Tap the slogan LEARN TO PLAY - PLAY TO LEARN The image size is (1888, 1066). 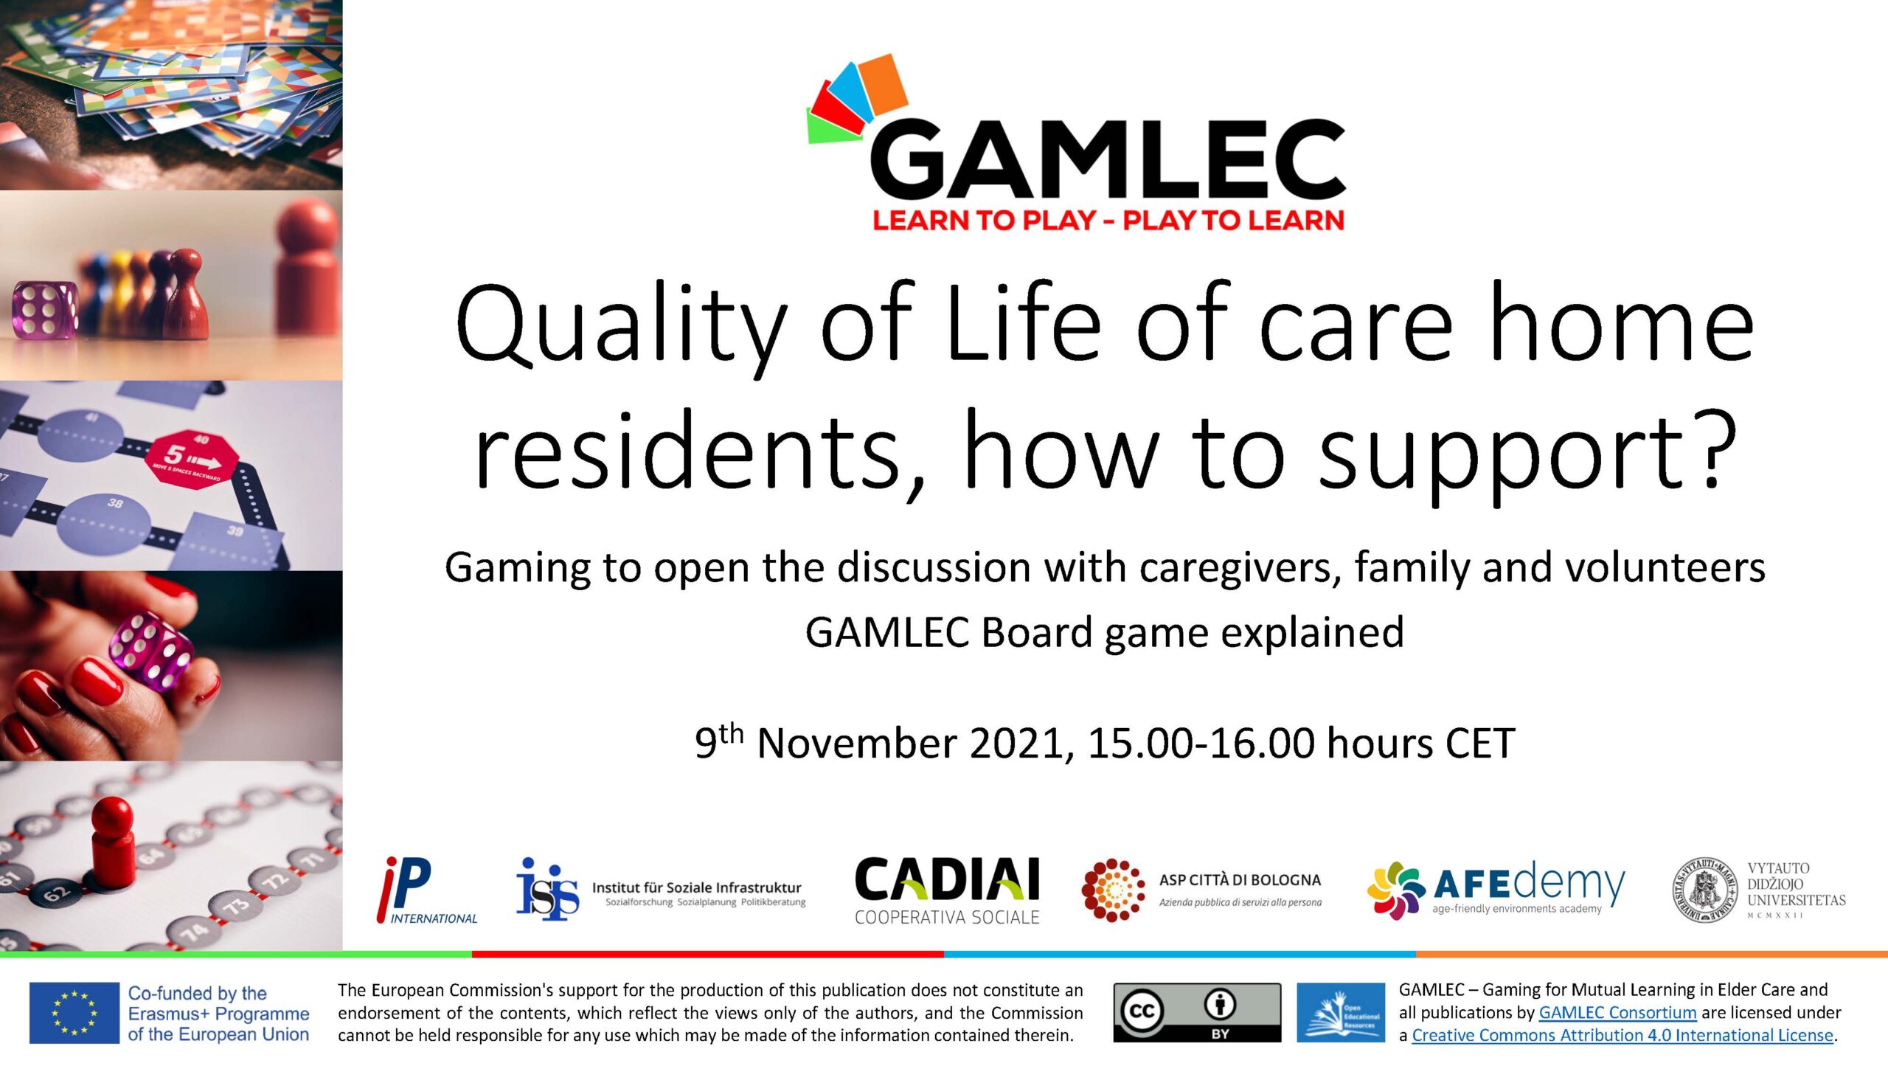tap(1108, 221)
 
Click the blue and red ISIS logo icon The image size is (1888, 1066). tap(547, 889)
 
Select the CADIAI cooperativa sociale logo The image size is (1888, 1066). tap(947, 891)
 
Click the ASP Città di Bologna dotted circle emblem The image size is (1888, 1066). tap(1113, 890)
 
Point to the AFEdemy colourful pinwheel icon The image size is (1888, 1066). tap(1396, 890)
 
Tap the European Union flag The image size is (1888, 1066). tap(74, 1013)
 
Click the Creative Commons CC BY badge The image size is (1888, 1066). tap(1197, 1013)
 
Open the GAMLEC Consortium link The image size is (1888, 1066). tap(1617, 1013)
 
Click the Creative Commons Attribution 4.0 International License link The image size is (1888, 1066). tap(1622, 1036)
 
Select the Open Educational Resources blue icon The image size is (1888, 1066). tap(1341, 1013)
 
